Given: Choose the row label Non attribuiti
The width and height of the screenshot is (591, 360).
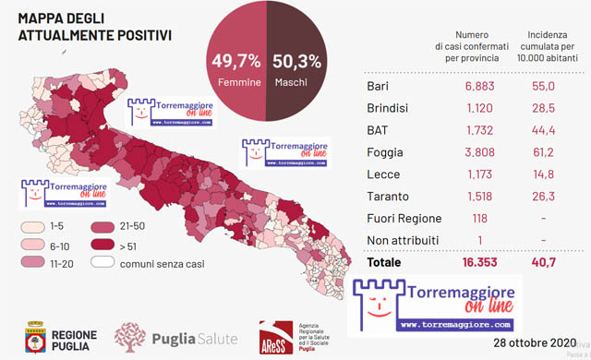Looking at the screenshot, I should coord(403,240).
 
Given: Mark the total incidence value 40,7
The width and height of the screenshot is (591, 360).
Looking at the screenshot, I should coord(545,263).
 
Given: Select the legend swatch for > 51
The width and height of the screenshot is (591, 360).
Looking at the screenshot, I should coord(103,246).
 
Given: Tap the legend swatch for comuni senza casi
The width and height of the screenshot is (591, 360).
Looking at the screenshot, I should coord(103,264).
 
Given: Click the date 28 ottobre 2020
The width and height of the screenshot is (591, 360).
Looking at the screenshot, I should coord(532,342).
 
